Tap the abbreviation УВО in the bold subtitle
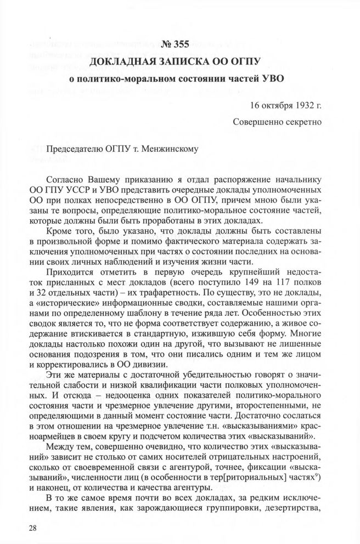pyautogui.click(x=271, y=78)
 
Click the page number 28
pyautogui.click(x=20, y=528)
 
